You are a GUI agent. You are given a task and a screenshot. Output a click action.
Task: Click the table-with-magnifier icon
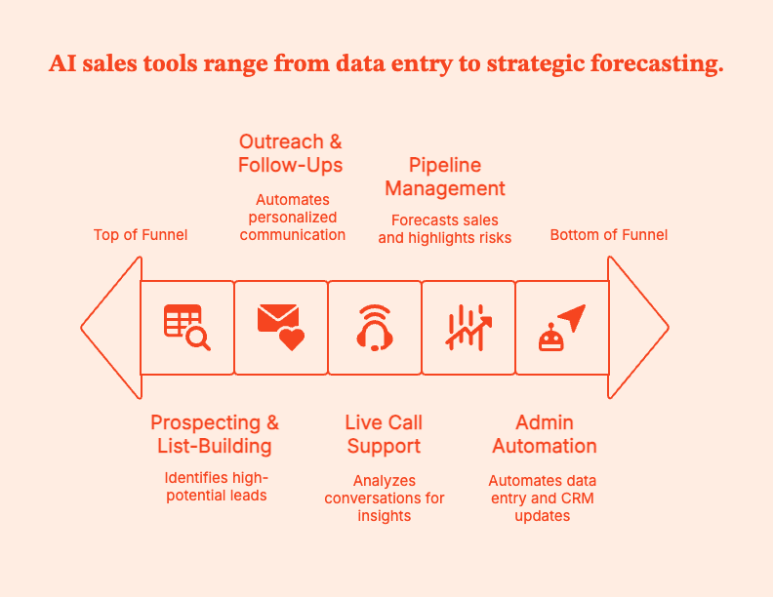click(x=186, y=327)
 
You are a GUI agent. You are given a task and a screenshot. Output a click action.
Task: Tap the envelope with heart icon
click(x=280, y=327)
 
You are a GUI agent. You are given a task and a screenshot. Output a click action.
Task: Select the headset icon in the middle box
click(x=375, y=327)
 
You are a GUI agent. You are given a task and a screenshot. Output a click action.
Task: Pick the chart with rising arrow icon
click(x=468, y=327)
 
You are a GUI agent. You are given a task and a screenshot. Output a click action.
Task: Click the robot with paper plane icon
click(x=562, y=327)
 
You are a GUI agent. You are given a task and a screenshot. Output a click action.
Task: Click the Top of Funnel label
click(x=141, y=234)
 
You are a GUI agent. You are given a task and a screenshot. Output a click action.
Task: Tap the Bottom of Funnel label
click(x=609, y=234)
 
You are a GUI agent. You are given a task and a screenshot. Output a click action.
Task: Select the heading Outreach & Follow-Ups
click(x=291, y=153)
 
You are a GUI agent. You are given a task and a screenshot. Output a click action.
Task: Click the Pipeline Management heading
click(x=445, y=177)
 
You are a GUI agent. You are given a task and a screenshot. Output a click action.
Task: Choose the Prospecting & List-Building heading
click(x=215, y=434)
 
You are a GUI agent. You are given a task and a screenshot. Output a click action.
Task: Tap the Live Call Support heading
click(x=384, y=434)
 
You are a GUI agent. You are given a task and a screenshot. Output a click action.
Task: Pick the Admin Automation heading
click(x=545, y=434)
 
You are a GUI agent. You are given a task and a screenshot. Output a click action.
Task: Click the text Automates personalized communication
click(x=293, y=217)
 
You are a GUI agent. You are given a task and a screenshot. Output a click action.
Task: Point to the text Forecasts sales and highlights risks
click(x=444, y=228)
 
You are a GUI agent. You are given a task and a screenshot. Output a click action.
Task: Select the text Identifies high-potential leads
click(x=215, y=486)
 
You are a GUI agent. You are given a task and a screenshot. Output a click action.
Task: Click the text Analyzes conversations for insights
click(x=384, y=498)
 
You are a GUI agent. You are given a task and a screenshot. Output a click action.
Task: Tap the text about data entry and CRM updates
click(x=542, y=498)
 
